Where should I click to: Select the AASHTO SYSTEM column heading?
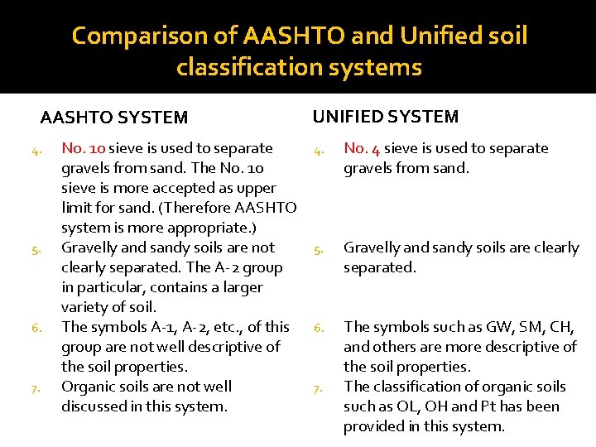(114, 118)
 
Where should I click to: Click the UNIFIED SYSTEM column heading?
(385, 117)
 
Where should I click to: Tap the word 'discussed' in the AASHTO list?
(95, 406)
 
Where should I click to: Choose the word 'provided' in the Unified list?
(373, 426)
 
